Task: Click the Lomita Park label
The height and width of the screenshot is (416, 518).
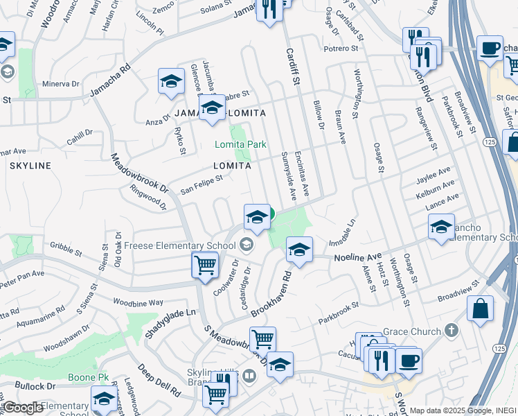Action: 240,145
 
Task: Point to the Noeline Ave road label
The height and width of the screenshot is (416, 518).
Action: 357,257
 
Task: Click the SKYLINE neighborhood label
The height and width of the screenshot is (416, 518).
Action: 30,166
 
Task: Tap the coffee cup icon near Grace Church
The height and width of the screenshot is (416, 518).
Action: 409,361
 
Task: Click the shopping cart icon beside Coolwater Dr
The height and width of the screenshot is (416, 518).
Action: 206,264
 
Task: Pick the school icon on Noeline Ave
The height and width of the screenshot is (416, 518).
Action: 299,250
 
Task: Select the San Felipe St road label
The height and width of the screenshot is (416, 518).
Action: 201,184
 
